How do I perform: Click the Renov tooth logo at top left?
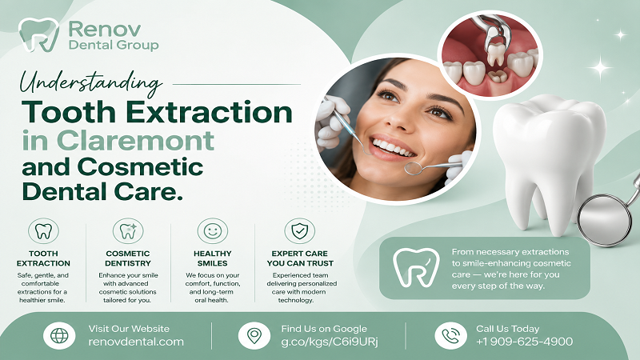(x=38, y=34)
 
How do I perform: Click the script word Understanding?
(x=91, y=82)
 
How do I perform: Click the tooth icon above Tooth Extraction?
(x=43, y=231)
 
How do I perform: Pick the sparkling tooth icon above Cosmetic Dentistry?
(x=128, y=231)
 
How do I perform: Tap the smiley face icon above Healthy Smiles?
(x=213, y=231)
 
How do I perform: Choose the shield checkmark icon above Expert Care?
(x=299, y=231)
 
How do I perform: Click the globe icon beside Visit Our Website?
(x=59, y=335)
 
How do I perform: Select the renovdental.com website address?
(x=136, y=342)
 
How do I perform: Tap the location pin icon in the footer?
(x=254, y=335)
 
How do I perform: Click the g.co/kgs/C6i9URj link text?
(x=330, y=342)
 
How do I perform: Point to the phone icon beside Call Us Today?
(x=450, y=335)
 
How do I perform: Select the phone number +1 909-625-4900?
(x=525, y=342)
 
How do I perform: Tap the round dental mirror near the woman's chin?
(x=414, y=167)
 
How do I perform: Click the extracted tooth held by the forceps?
(x=495, y=54)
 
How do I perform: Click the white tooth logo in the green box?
(x=416, y=267)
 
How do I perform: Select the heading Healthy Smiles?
(x=213, y=258)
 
